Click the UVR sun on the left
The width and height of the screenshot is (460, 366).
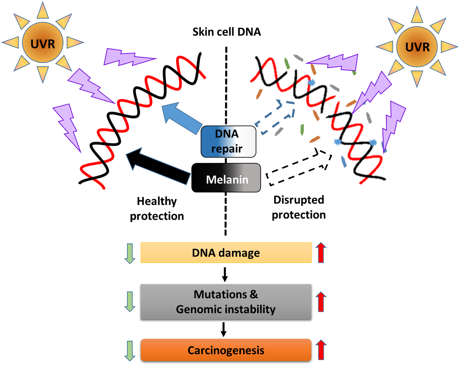pyautogui.click(x=43, y=43)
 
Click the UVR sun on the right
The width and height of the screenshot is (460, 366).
pyautogui.click(x=417, y=47)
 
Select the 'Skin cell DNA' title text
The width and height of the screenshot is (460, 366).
pyautogui.click(x=226, y=32)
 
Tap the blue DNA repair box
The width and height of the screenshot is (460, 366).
pyautogui.click(x=228, y=141)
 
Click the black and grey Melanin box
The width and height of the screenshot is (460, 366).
pyautogui.click(x=226, y=178)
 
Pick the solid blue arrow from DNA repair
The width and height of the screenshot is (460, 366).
pyautogui.click(x=181, y=118)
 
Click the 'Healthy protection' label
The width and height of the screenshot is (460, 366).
pyautogui.click(x=157, y=209)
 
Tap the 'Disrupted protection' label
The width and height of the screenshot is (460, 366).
pyautogui.click(x=299, y=207)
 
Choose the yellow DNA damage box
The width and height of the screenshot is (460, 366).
pyautogui.click(x=226, y=253)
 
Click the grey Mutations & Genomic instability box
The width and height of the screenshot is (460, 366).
pyautogui.click(x=226, y=302)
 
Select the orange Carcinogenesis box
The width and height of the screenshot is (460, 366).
pyautogui.click(x=226, y=350)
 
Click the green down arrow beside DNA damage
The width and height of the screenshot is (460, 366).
pyautogui.click(x=130, y=253)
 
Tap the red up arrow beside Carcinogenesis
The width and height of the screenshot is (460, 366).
pyautogui.click(x=321, y=350)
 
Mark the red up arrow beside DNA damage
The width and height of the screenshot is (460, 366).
pyautogui.click(x=321, y=253)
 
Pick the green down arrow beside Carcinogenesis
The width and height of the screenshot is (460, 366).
pyautogui.click(x=130, y=351)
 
